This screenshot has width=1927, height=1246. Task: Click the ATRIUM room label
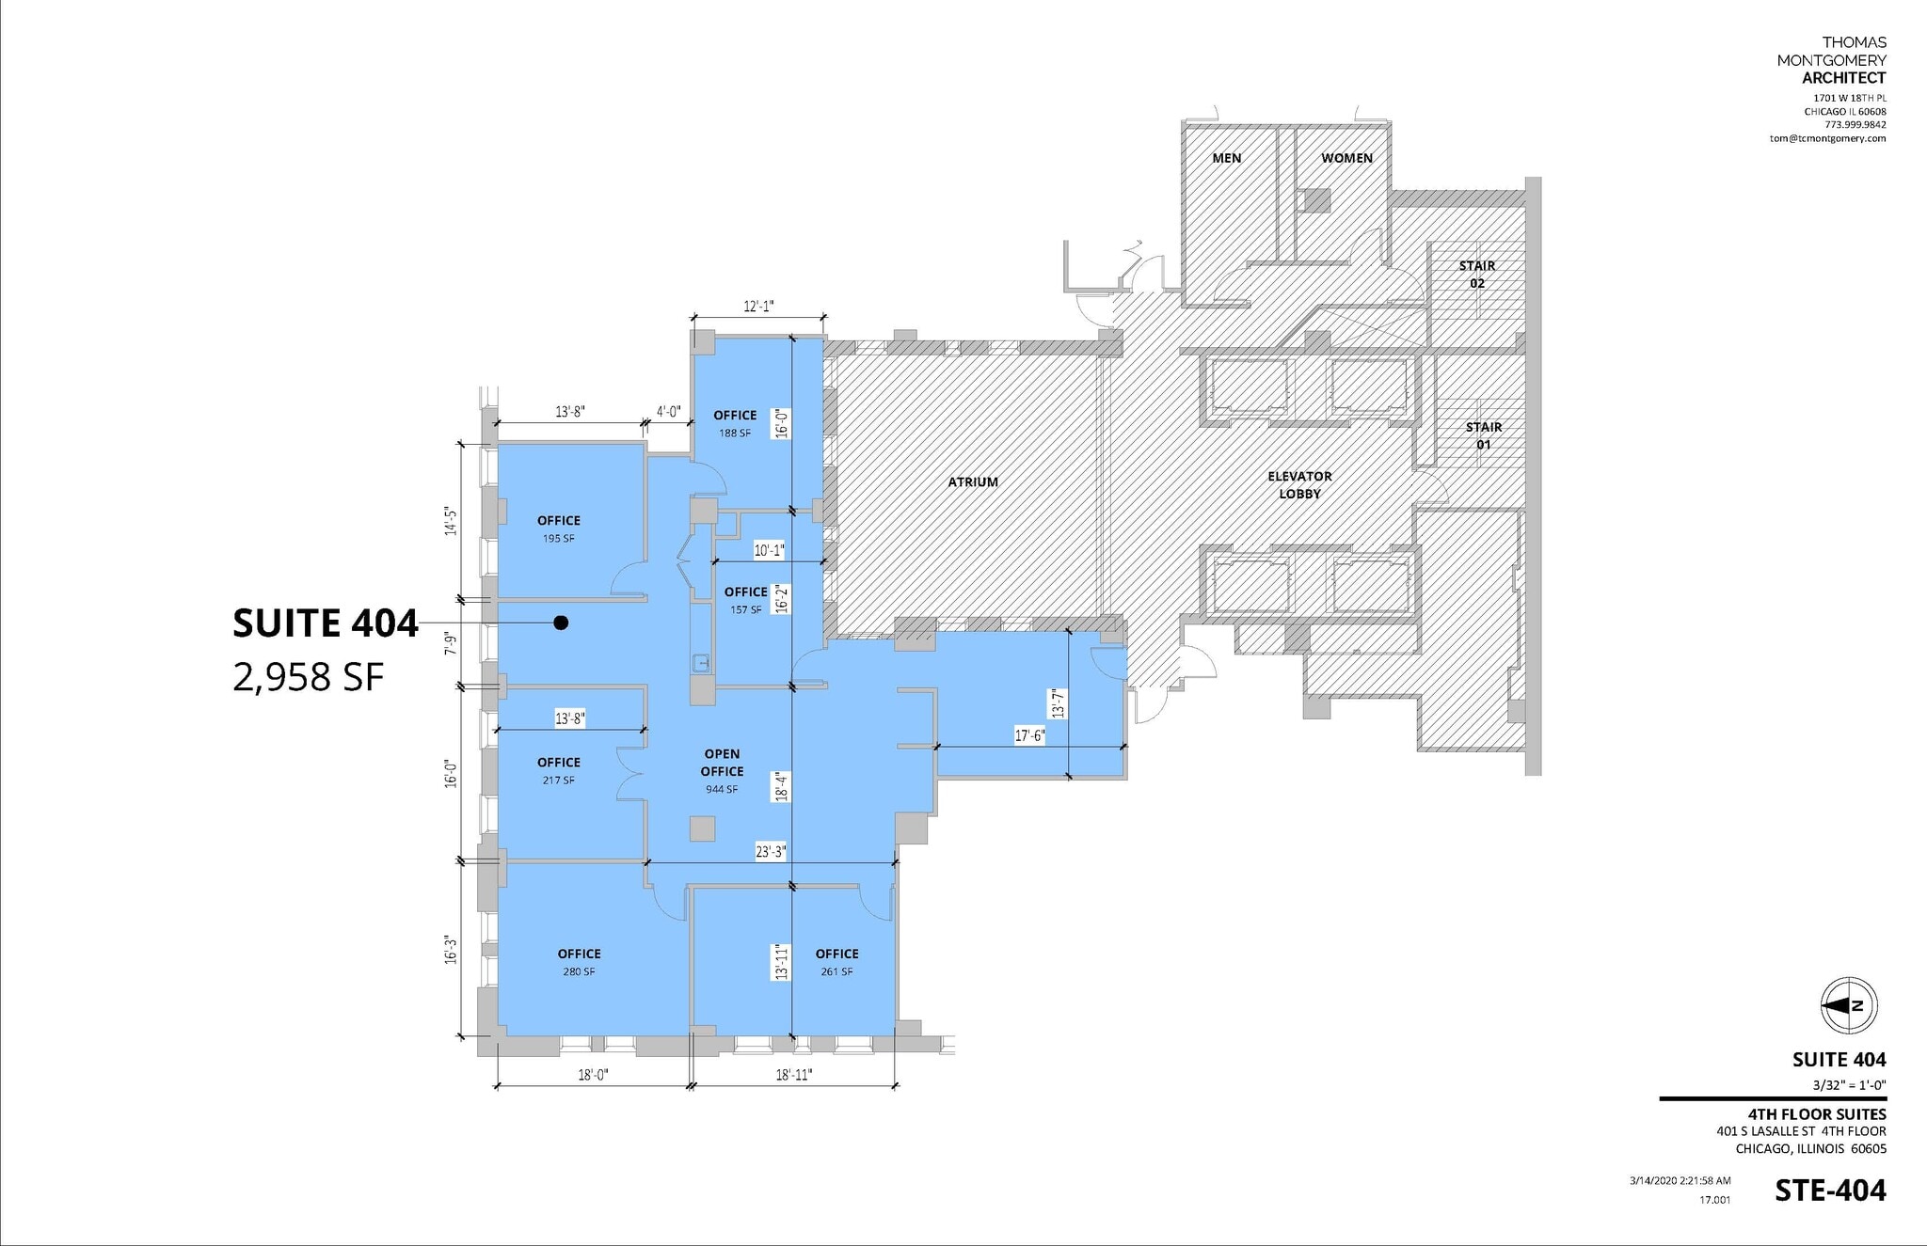point(973,482)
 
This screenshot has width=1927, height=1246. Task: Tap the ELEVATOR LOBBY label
point(1299,485)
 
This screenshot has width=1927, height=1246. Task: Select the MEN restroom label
point(1226,158)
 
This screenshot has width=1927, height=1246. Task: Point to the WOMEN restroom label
point(1346,158)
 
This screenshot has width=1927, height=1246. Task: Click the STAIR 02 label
point(1476,275)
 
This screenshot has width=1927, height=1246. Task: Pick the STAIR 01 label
point(1483,435)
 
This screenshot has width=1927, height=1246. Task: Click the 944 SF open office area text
point(722,789)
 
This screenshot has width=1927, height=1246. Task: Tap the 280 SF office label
point(579,971)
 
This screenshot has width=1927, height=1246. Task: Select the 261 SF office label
point(836,971)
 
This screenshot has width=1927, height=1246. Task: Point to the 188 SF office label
point(735,433)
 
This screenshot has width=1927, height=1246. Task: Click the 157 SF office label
point(745,609)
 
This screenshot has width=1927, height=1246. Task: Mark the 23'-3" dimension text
point(771,853)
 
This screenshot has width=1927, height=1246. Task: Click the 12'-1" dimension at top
point(758,307)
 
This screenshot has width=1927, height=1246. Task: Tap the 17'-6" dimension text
point(1029,736)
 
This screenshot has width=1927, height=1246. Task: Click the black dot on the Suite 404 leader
point(561,623)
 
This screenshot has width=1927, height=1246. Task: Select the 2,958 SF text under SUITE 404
point(309,676)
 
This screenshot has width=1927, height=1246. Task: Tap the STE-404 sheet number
point(1829,1191)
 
